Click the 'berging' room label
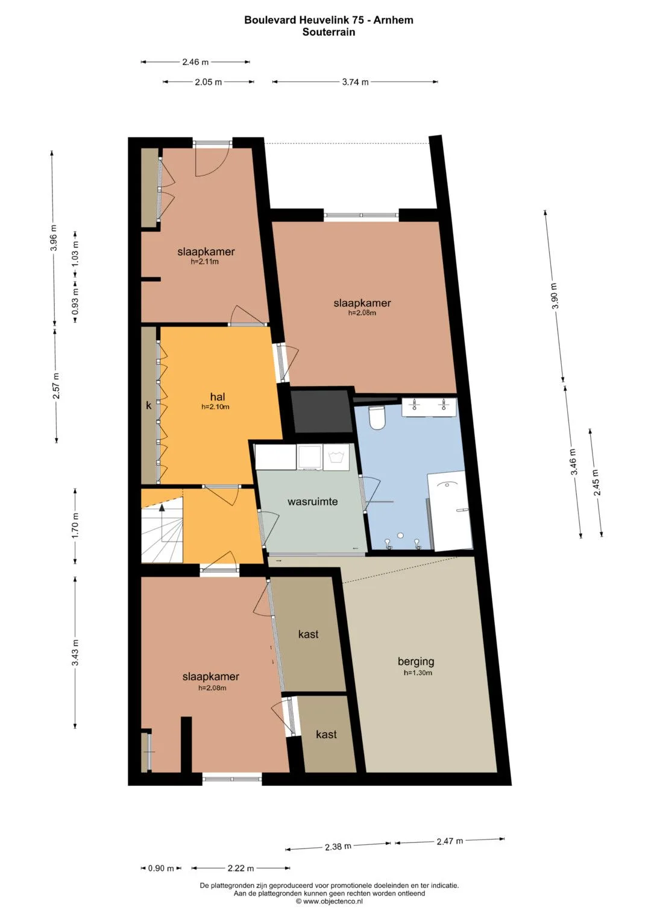tap(415, 662)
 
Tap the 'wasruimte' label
tap(312, 502)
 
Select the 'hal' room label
tap(218, 397)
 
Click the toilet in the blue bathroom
tap(376, 418)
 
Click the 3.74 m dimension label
tap(355, 82)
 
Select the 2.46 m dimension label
tap(195, 62)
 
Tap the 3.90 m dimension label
tap(555, 296)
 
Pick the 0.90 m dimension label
tap(161, 869)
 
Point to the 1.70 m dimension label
tap(75, 526)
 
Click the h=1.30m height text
tap(418, 673)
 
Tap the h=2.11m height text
tap(205, 262)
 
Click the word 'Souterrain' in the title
tap(329, 32)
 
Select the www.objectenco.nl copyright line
tap(329, 902)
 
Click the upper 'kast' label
tap(308, 634)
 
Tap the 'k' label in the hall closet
tap(149, 405)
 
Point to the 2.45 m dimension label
tap(596, 483)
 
